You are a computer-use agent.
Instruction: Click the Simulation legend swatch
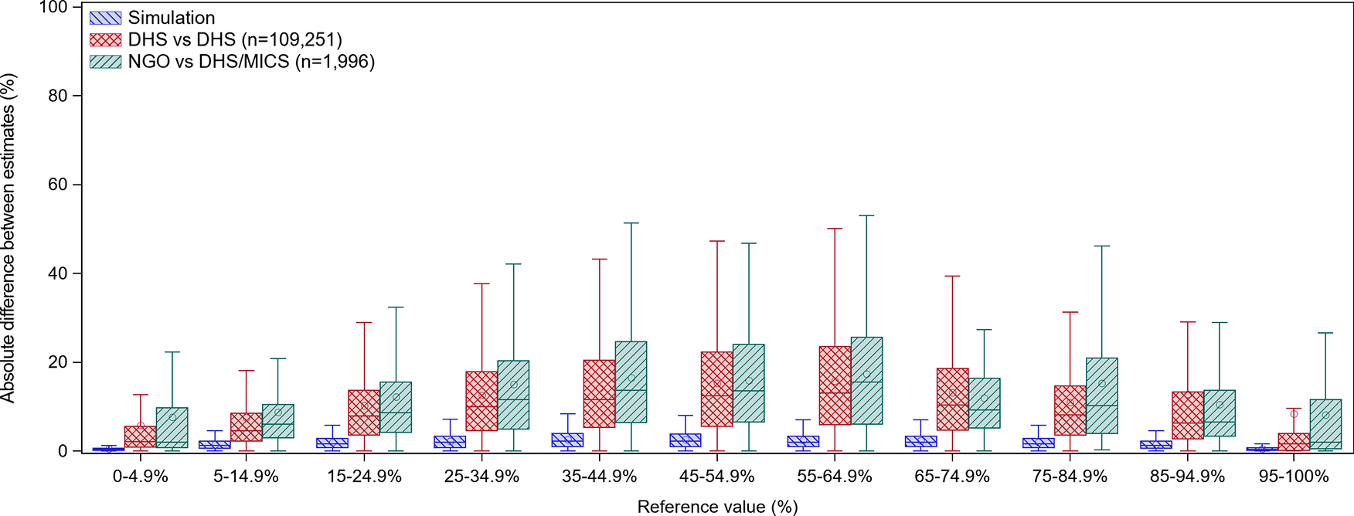pyautogui.click(x=105, y=18)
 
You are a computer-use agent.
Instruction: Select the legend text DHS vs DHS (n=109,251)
pyautogui.click(x=235, y=39)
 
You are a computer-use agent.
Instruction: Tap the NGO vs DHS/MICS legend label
pyautogui.click(x=251, y=62)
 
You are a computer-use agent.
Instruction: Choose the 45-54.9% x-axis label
pyautogui.click(x=716, y=477)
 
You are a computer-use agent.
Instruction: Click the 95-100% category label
pyautogui.click(x=1293, y=477)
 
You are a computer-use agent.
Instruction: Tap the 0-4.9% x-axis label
pyautogui.click(x=140, y=477)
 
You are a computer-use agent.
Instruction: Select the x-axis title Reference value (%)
pyautogui.click(x=717, y=507)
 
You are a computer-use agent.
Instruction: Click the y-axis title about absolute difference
pyautogui.click(x=9, y=238)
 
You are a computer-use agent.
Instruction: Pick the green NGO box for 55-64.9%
pyautogui.click(x=866, y=380)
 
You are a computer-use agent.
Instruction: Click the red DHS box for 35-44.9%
pyautogui.click(x=599, y=393)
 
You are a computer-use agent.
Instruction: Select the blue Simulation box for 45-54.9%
pyautogui.click(x=686, y=440)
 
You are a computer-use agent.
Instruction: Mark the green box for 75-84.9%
pyautogui.click(x=1101, y=395)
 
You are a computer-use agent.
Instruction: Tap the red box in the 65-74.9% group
pyautogui.click(x=952, y=399)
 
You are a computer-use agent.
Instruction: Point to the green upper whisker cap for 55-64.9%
pyautogui.click(x=866, y=216)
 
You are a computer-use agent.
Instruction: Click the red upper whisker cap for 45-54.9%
pyautogui.click(x=717, y=241)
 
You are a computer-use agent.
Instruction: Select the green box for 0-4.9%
pyautogui.click(x=172, y=427)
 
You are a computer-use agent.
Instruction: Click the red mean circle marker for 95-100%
pyautogui.click(x=1294, y=414)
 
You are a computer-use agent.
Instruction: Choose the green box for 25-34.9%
pyautogui.click(x=513, y=394)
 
